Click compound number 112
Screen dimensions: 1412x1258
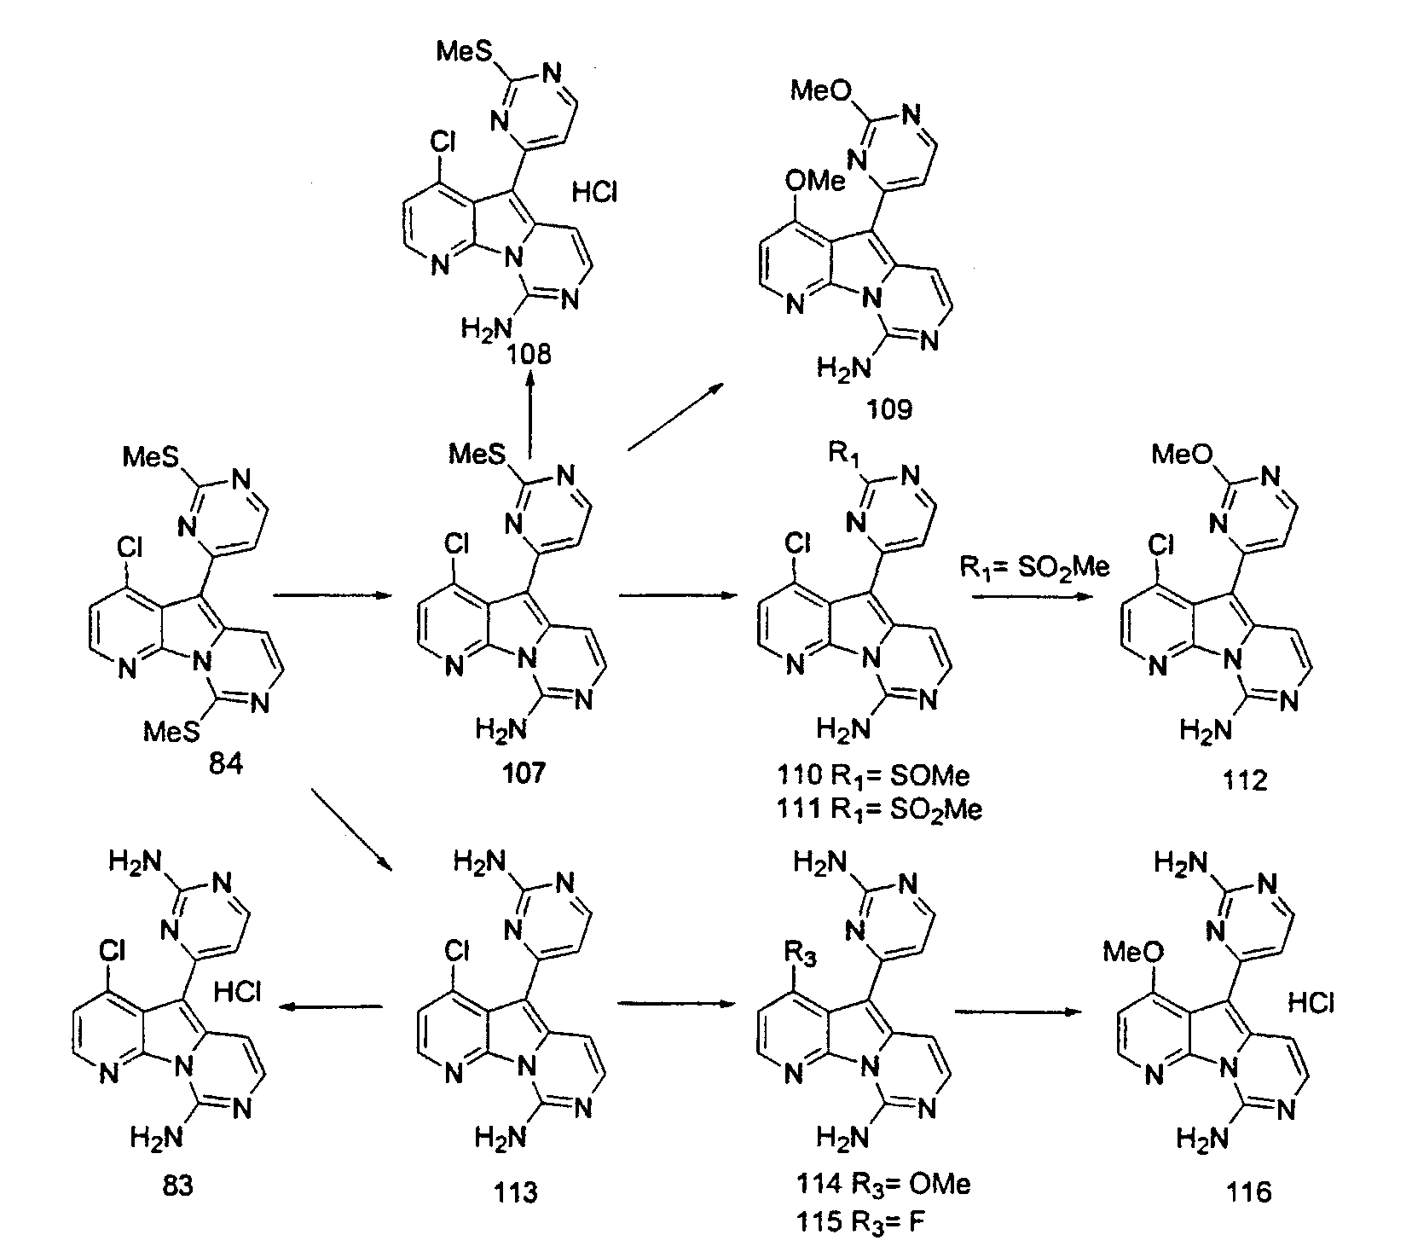(x=1244, y=780)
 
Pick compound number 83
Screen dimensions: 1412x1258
(x=176, y=1185)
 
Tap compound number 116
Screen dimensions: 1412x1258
(x=1249, y=1191)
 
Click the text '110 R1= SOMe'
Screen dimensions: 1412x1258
(x=873, y=775)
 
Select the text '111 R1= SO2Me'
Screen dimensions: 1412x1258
(x=879, y=808)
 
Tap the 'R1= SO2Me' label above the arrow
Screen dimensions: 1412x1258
(x=1034, y=567)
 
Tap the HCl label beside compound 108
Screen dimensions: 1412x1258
(x=594, y=194)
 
